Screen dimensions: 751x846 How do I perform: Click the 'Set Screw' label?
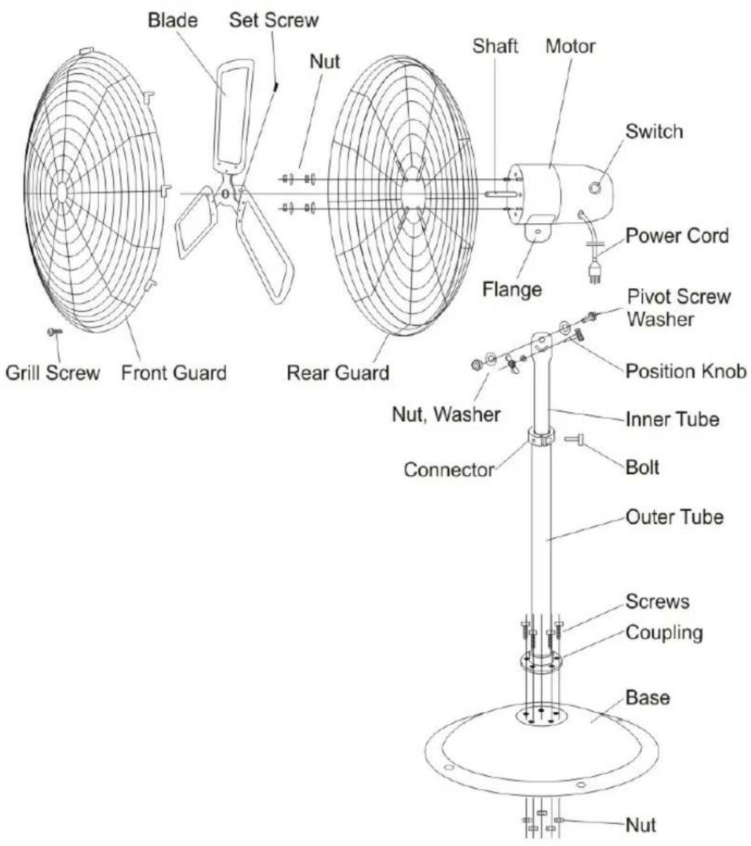click(x=274, y=20)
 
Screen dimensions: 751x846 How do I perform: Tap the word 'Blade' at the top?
click(x=172, y=20)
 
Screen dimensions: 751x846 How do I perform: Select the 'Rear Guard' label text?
click(x=338, y=373)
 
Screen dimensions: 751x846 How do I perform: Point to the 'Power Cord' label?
click(x=676, y=236)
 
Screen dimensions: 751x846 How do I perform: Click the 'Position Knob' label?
click(x=686, y=371)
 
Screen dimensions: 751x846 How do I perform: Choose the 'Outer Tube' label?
click(x=675, y=517)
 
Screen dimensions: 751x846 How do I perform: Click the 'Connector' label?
click(x=449, y=470)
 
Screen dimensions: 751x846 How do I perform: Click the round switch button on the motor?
click(x=595, y=187)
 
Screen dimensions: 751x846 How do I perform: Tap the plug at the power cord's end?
click(x=593, y=273)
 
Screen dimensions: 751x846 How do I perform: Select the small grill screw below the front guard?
click(x=54, y=331)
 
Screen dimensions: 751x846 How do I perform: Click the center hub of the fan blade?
click(x=225, y=193)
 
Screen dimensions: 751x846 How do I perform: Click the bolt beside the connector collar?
click(x=574, y=439)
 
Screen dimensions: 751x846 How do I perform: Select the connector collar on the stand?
click(x=541, y=437)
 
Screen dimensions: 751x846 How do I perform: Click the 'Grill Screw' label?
click(x=53, y=373)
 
